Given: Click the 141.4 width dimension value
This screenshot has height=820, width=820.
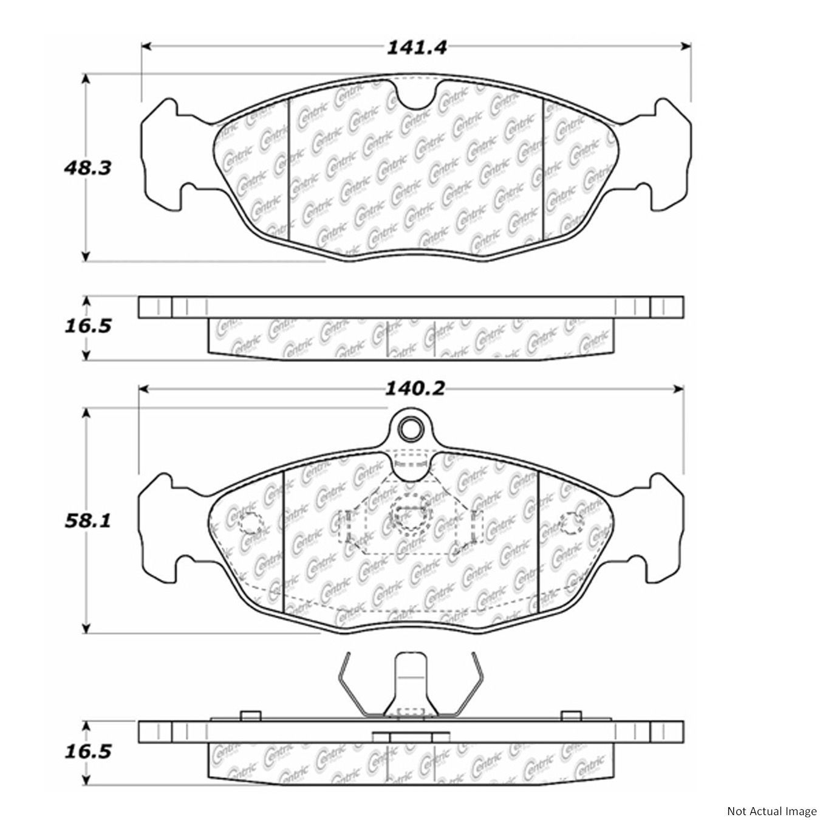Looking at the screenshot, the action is (x=417, y=47).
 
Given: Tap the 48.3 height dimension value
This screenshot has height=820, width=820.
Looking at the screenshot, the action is (x=87, y=168).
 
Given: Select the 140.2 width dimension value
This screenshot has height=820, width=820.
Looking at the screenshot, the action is (x=415, y=389).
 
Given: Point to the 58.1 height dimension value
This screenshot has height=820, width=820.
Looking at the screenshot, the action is (x=87, y=521).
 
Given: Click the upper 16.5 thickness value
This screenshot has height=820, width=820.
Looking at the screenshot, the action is (x=87, y=327).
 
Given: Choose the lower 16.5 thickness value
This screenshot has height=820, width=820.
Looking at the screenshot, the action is (x=87, y=753).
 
